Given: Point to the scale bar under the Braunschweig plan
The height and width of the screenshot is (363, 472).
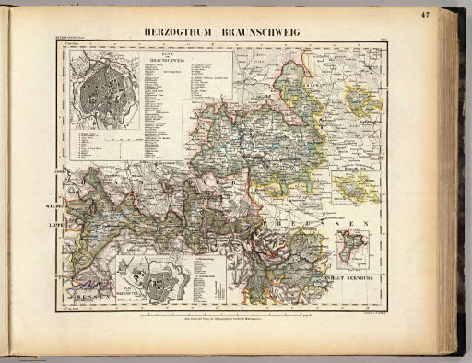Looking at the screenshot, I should (x=106, y=147).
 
